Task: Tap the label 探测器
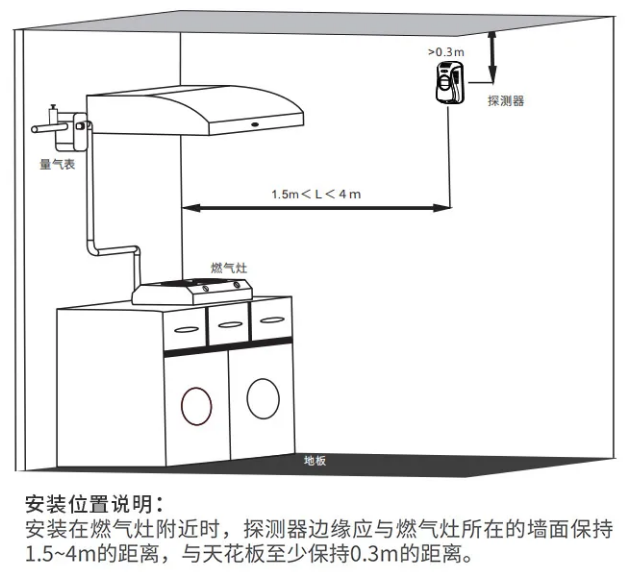pos(505,101)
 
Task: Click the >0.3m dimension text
pos(447,49)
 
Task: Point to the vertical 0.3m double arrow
pos(492,56)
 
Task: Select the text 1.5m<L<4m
pos(315,193)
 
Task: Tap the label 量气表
pos(57,163)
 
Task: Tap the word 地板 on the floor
pos(315,461)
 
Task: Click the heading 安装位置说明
pos(91,502)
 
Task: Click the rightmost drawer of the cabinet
pos(270,317)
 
